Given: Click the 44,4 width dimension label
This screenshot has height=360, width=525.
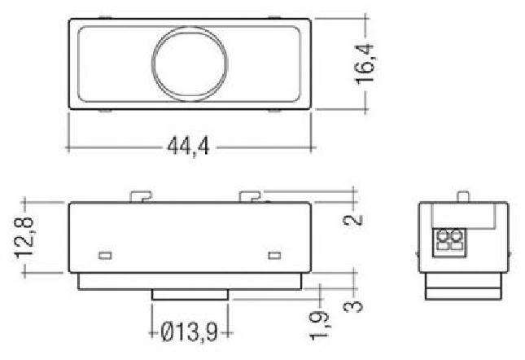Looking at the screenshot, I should click(x=188, y=147).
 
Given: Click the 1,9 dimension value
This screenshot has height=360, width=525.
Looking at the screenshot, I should click(x=319, y=324).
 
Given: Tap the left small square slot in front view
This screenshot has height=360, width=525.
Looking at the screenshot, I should click(x=104, y=256).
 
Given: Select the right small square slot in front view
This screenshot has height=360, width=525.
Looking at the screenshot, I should click(x=274, y=256).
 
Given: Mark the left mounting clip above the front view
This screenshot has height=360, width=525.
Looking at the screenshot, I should click(x=141, y=196).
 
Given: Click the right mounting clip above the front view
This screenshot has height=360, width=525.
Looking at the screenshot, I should click(x=249, y=196).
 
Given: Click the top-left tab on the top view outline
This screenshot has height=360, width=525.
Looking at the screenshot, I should click(x=103, y=17).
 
